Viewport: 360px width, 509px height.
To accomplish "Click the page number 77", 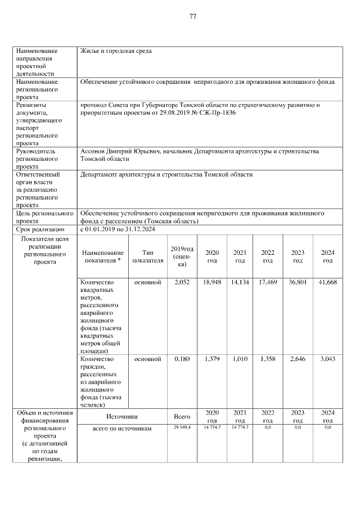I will (192, 16).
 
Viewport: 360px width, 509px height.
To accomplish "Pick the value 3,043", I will (327, 359).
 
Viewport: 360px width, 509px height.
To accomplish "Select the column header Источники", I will (122, 417).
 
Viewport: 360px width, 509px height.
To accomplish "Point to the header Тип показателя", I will (148, 256).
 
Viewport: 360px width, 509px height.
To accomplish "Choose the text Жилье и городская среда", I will (116, 51).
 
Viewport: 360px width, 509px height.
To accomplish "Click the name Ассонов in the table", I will (94, 152).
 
